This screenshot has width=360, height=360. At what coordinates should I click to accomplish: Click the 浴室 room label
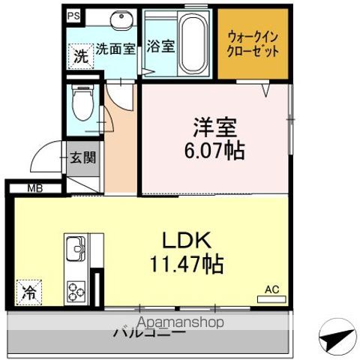[161, 46]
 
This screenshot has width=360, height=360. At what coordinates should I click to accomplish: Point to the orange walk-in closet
[253, 44]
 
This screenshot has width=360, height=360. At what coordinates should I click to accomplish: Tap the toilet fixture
[81, 103]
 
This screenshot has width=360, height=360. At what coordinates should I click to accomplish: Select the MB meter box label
[35, 188]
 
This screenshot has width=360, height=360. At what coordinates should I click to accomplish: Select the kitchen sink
[76, 247]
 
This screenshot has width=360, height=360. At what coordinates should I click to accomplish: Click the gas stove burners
[76, 289]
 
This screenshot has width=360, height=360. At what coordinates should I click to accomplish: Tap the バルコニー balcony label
[150, 331]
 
